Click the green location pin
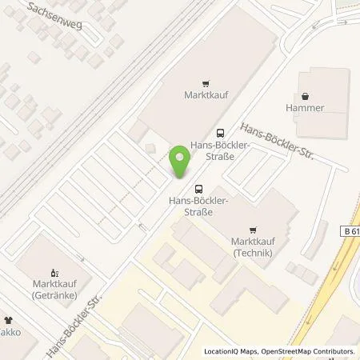coord(181,164)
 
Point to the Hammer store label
coord(309,107)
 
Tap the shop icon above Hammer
coord(309,94)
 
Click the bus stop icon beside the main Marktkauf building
coord(220,134)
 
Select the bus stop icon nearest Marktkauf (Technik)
coord(198,189)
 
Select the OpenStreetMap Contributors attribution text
coord(308,351)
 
